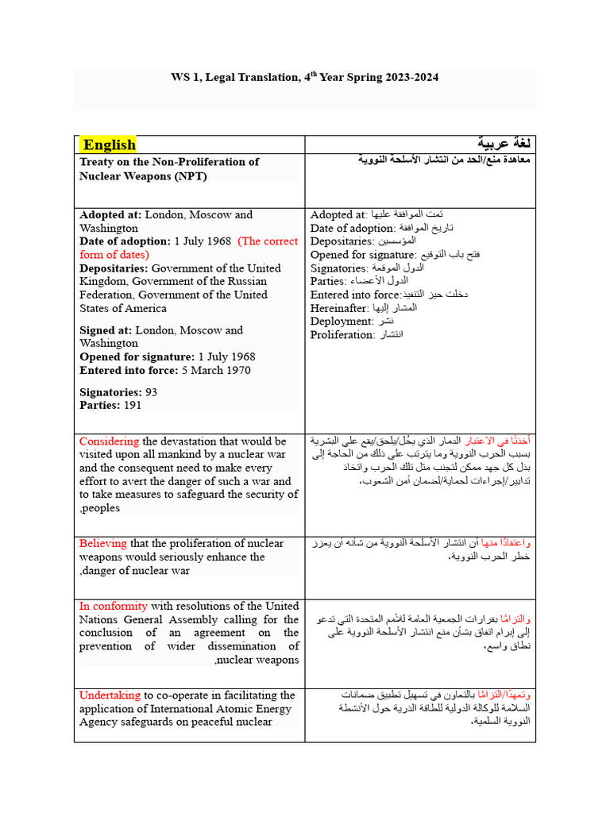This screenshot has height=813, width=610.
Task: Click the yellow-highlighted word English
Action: pyautogui.click(x=110, y=144)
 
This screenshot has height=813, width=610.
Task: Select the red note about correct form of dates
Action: pyautogui.click(x=188, y=248)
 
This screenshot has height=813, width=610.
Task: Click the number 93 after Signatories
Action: pyautogui.click(x=151, y=392)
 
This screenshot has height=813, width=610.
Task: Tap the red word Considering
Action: pyautogui.click(x=109, y=441)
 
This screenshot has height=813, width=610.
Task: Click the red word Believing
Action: pyautogui.click(x=102, y=543)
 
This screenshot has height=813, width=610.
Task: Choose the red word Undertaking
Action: pyautogui.click(x=110, y=695)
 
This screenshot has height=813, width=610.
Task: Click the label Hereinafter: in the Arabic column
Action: pyautogui.click(x=340, y=307)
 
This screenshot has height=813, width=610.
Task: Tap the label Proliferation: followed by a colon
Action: pyautogui.click(x=342, y=334)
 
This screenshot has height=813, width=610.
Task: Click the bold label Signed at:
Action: pyautogui.click(x=106, y=329)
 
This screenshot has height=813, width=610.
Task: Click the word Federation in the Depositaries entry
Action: pyautogui.click(x=107, y=295)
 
